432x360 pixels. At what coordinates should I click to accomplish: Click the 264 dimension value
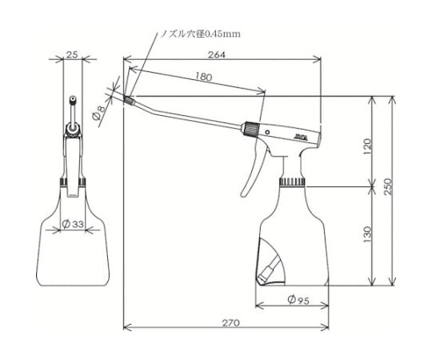(216, 54)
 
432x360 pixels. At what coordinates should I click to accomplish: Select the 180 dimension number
(204, 77)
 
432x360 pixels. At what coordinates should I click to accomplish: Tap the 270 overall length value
(231, 322)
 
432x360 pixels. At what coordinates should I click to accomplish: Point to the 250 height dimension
(388, 186)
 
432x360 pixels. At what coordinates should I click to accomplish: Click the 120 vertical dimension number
(367, 146)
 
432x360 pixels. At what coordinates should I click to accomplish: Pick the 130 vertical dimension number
(367, 234)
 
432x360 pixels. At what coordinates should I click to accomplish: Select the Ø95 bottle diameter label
(298, 300)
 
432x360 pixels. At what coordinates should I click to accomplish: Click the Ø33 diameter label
(73, 224)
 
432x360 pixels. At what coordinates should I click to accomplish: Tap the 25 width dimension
(73, 54)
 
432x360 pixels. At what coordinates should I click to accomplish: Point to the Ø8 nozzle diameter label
(99, 114)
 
